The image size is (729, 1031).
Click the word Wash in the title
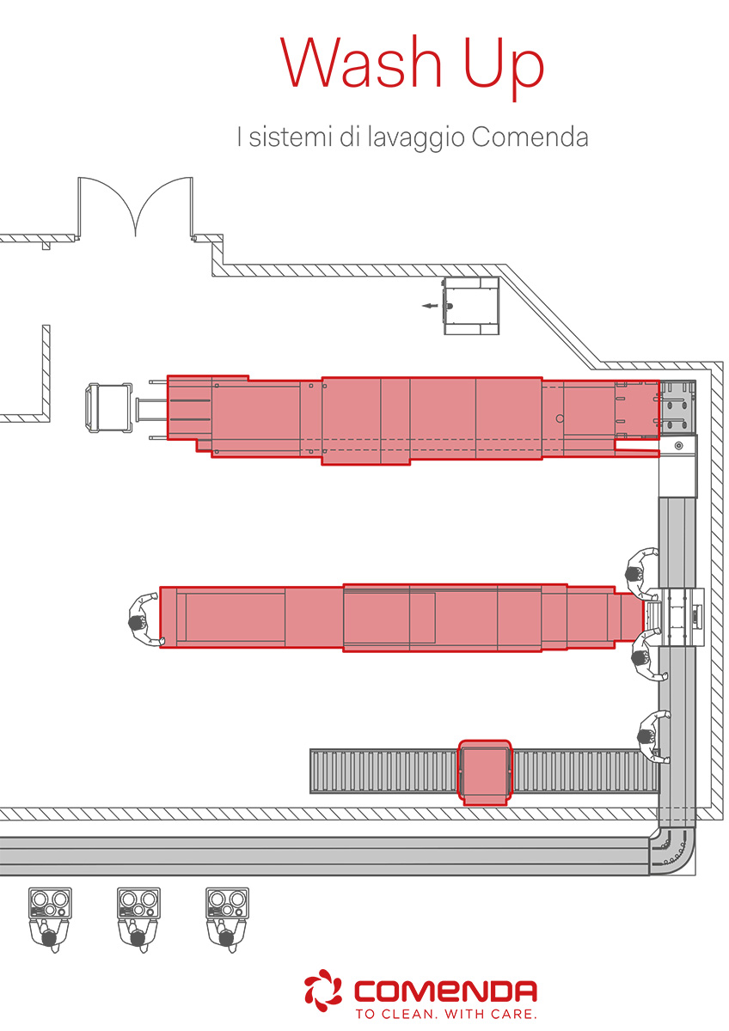pos(360,62)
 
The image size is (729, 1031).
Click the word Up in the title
pos(504,67)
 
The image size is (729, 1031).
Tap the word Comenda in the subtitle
pos(530,137)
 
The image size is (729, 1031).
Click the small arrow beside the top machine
pos(430,306)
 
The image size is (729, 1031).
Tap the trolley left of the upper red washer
pos(109,408)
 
